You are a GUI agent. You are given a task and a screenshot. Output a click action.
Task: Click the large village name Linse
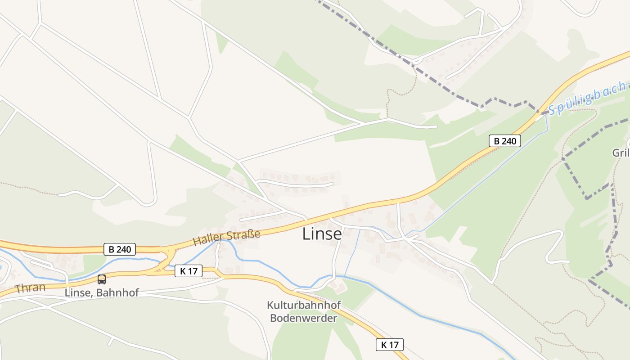322,234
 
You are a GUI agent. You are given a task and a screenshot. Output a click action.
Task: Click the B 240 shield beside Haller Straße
119,249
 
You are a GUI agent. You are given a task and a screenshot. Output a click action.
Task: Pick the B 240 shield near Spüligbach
504,141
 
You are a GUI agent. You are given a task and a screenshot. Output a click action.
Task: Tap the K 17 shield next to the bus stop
189,271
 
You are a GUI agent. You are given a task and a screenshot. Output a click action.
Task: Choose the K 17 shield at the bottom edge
390,345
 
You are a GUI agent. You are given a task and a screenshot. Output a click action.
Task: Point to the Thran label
30,288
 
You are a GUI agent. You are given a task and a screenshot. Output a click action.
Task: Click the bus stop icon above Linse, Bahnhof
102,279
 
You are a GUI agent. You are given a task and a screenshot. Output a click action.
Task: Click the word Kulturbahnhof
304,305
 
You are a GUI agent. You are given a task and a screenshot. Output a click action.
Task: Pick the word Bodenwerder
303,318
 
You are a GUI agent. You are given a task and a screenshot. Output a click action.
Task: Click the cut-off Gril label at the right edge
621,153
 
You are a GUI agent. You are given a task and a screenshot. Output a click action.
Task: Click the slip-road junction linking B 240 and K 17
167,261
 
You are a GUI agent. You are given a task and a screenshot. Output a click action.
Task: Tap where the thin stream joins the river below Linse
345,276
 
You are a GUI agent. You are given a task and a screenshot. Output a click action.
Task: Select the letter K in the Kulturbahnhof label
270,305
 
